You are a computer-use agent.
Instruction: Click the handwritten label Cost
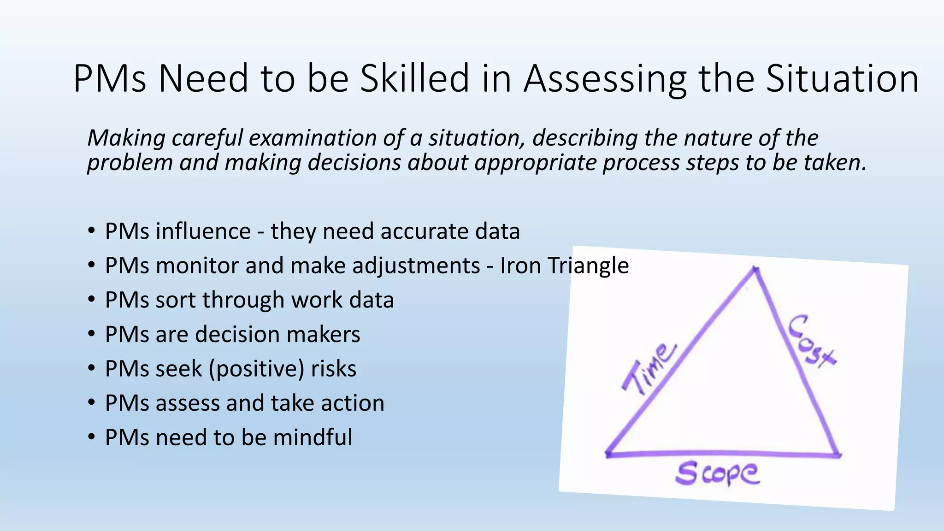tap(811, 341)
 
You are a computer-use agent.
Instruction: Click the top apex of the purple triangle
tap(755, 269)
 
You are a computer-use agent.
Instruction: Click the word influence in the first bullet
tap(203, 231)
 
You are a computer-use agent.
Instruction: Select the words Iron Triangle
tap(564, 265)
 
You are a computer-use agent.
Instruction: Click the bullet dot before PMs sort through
tap(92, 299)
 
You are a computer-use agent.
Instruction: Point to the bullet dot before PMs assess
tap(92, 402)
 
